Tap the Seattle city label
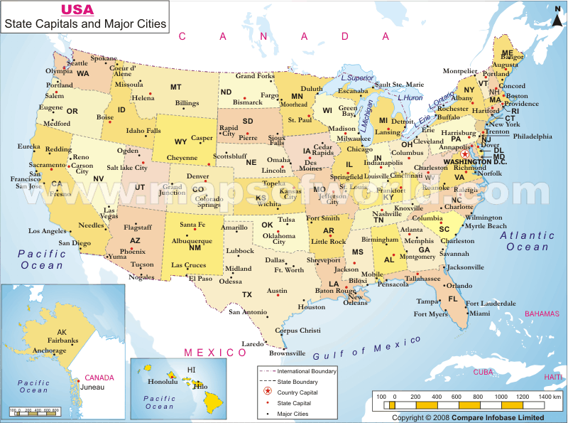pos(77,63)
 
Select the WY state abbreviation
pos(181,141)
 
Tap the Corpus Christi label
pos(297,331)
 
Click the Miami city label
pos(479,313)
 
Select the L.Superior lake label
pos(357,77)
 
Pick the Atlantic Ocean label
pos(528,241)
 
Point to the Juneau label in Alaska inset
pos(92,387)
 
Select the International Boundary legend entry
pos(307,371)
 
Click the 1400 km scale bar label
pos(550,395)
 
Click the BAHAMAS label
pos(543,314)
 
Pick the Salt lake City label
pos(127,168)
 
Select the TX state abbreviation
pos(246,294)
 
